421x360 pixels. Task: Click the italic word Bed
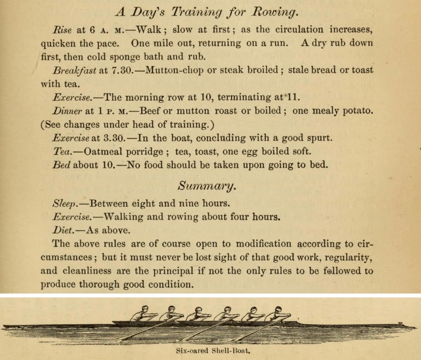61,165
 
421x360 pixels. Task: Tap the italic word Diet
63,230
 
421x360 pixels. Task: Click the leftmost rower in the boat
139,314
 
